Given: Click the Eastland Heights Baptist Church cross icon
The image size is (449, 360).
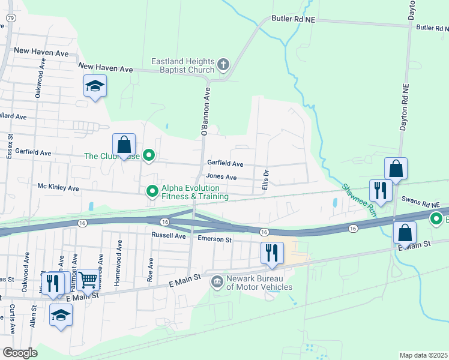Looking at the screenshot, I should click(223, 64).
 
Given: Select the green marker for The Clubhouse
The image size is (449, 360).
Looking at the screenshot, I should click(149, 156).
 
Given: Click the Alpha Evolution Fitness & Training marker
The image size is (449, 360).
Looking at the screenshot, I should click(152, 191).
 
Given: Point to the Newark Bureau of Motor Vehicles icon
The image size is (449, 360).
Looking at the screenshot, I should click(217, 283).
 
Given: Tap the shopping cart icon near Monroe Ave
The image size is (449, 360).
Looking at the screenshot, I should click(88, 279).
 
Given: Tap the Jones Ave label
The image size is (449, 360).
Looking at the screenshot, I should click(221, 177).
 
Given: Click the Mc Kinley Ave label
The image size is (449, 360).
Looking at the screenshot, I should click(58, 188).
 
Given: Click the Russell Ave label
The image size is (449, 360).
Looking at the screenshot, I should click(169, 236).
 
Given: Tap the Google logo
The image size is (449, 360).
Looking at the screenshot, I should click(20, 353).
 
